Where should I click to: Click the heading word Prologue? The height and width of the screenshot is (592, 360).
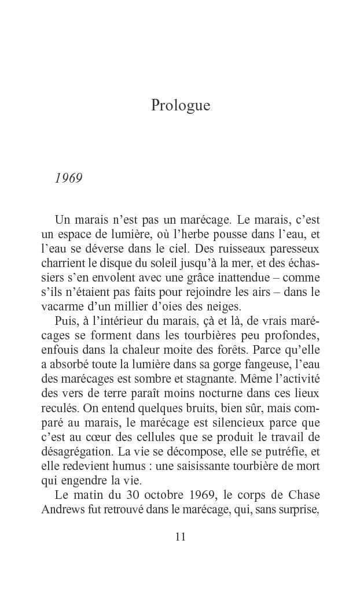click(x=180, y=106)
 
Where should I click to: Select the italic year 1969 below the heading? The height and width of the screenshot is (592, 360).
click(x=68, y=178)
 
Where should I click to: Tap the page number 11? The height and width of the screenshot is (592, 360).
click(x=180, y=536)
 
